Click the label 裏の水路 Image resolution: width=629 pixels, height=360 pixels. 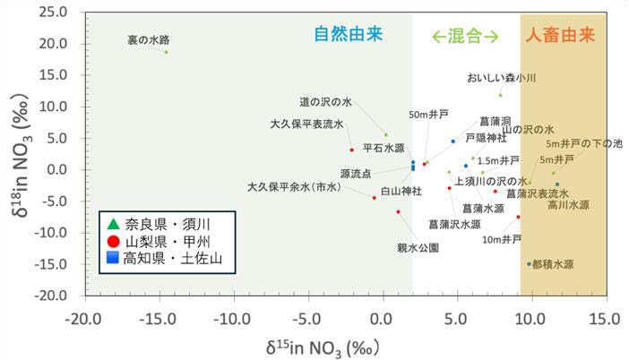(x=148, y=39)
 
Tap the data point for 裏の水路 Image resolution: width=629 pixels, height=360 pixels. (x=166, y=52)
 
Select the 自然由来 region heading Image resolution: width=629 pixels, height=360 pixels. (x=348, y=35)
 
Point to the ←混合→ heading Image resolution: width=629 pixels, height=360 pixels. (x=464, y=36)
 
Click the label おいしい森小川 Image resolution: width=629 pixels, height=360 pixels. (x=501, y=79)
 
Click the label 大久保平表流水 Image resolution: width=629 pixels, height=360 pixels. (x=306, y=124)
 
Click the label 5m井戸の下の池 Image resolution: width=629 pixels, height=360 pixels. (x=584, y=143)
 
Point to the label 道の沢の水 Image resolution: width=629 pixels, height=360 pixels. (x=325, y=102)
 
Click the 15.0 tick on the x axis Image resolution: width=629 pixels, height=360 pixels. (x=606, y=315)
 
